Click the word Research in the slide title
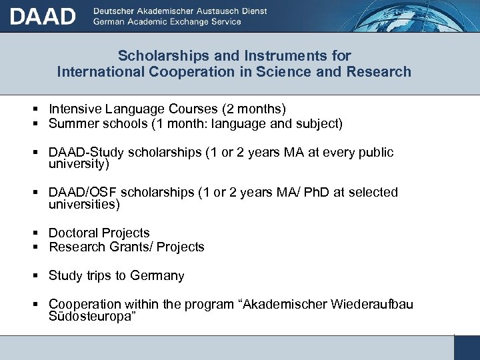[x=379, y=71]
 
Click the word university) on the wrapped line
[x=79, y=163]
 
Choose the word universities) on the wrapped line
[x=84, y=204]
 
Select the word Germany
[x=157, y=276]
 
